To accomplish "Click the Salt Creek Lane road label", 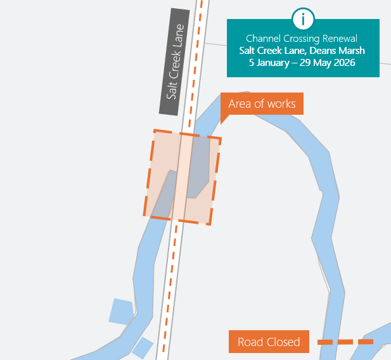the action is [x=174, y=62].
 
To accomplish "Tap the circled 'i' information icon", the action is [x=303, y=19].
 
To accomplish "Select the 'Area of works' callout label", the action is [x=262, y=104].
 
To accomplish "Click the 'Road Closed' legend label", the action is [x=269, y=342].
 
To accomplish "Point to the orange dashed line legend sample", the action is [x=345, y=342].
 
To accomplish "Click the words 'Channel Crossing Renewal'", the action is [x=302, y=39].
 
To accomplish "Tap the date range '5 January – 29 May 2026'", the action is [x=302, y=63].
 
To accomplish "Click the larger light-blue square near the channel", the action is [x=121, y=311].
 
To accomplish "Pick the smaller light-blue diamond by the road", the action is [x=143, y=347].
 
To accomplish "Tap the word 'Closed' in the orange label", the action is [x=283, y=342].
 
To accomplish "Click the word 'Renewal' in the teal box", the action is [x=340, y=39].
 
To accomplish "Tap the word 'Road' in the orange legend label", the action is [x=250, y=342].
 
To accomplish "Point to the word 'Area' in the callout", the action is [x=240, y=104].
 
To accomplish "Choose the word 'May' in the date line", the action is [x=320, y=63].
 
